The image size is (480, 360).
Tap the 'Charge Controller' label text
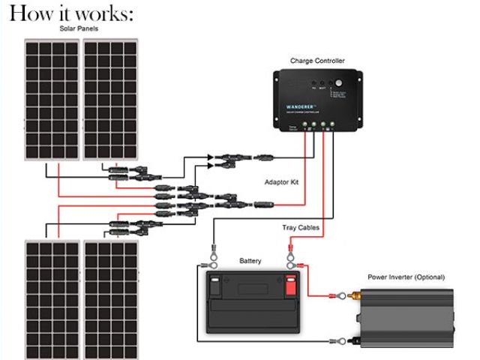(317, 60)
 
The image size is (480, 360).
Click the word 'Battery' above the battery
(250, 260)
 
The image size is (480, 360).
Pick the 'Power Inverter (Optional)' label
(409, 276)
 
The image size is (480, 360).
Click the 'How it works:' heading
(72, 13)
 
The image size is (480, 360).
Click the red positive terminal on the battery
(291, 286)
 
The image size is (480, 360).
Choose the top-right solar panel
(110, 100)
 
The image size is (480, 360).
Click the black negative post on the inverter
(346, 341)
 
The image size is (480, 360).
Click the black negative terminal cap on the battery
(216, 286)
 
